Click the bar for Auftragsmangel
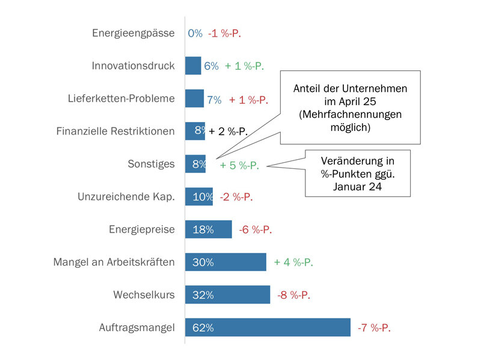pyautogui.click(x=268, y=328)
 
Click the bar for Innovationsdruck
pyautogui.click(x=193, y=66)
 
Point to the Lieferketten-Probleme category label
pyautogui.click(x=121, y=99)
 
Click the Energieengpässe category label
pyautogui.click(x=133, y=33)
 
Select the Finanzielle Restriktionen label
pyautogui.click(x=115, y=131)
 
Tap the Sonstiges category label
pyautogui.click(x=151, y=163)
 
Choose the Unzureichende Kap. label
pyautogui.click(x=126, y=197)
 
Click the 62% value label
pyautogui.click(x=203, y=328)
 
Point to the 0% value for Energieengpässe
pyautogui.click(x=195, y=33)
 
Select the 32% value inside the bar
pyautogui.click(x=203, y=295)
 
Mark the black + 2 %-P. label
pyautogui.click(x=228, y=132)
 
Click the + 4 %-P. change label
pyautogui.click(x=293, y=263)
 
